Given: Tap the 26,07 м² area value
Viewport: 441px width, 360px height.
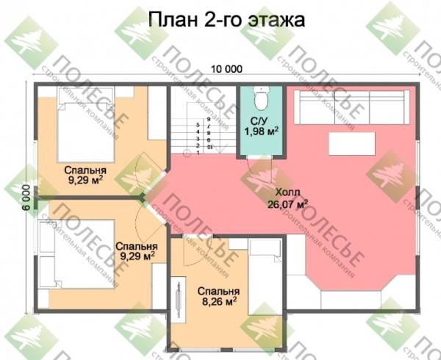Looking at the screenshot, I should click(x=288, y=205).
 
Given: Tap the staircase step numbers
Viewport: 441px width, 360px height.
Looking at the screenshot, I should click(x=204, y=136).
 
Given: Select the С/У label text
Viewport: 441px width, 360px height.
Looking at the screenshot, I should click(x=259, y=121).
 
